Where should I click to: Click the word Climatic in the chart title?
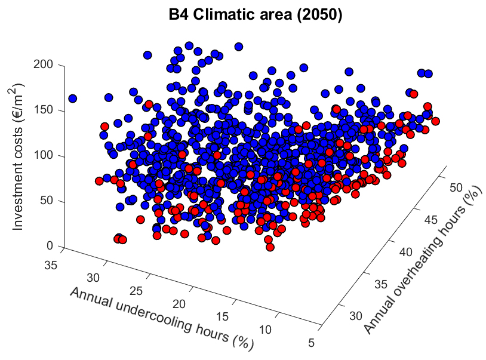point(224,16)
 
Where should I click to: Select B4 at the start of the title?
point(179,16)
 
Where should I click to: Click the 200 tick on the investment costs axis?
point(50,64)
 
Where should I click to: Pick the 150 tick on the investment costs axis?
point(50,110)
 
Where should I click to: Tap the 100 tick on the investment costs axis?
point(50,156)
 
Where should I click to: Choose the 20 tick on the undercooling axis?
point(187,304)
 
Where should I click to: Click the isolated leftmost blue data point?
point(73,98)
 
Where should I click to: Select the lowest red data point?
point(269,247)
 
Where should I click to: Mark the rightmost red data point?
point(435,121)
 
